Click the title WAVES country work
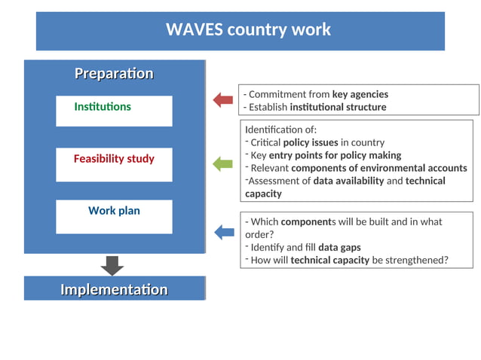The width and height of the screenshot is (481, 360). tap(248, 30)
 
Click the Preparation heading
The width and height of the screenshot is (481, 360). tap(114, 74)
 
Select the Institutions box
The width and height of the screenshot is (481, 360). tap(114, 110)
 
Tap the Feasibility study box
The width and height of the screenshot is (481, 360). tap(114, 163)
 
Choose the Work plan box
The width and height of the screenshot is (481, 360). tap(114, 215)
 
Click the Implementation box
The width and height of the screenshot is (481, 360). tap(114, 290)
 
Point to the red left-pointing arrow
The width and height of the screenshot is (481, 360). tap(222, 99)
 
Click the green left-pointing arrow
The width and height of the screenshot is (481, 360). tap(222, 163)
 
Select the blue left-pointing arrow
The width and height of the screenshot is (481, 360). tap(224, 233)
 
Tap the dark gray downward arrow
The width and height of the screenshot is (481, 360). tap(112, 265)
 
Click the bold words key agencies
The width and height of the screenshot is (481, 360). tap(360, 94)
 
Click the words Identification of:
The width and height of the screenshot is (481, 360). tap(280, 130)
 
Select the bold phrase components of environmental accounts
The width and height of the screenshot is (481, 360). tap(378, 168)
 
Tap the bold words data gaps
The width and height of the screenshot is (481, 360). tap(339, 247)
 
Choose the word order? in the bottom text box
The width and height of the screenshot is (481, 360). tap(259, 234)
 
